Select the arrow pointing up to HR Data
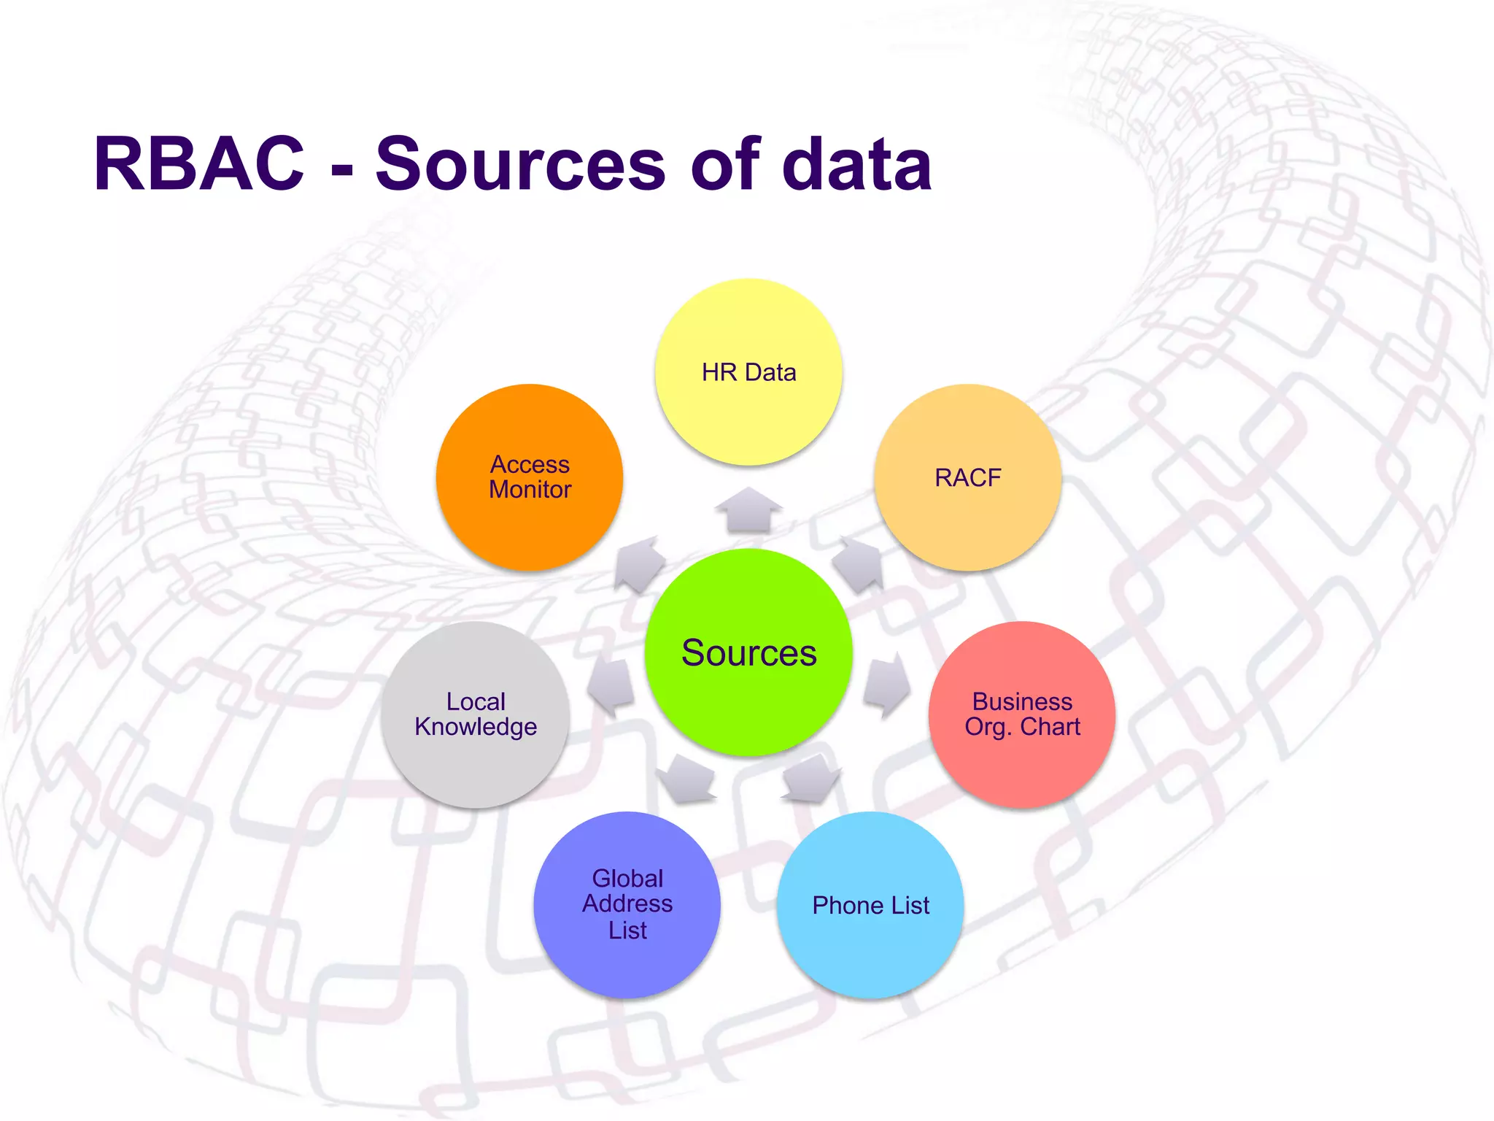[748, 510]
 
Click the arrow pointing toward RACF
[859, 564]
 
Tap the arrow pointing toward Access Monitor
[639, 564]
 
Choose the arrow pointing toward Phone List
[810, 779]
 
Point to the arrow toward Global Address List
[687, 779]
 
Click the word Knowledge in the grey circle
[476, 727]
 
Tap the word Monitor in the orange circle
[530, 490]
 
